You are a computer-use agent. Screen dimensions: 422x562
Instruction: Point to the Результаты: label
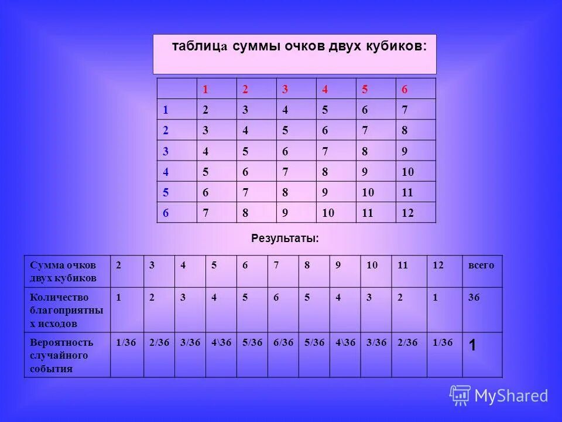pyautogui.click(x=285, y=239)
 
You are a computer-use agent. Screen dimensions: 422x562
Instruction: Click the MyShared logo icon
pyautogui.click(x=460, y=396)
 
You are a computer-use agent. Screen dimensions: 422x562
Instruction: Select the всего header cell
pyautogui.click(x=481, y=266)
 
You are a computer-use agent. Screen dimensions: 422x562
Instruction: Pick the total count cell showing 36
pyautogui.click(x=474, y=298)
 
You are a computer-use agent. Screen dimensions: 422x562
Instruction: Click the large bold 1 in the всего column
pyautogui.click(x=472, y=346)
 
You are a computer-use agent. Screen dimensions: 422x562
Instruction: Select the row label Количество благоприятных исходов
pyautogui.click(x=66, y=310)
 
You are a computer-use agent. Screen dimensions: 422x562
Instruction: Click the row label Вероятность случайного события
pyautogui.click(x=61, y=356)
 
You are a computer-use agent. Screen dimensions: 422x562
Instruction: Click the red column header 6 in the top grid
pyautogui.click(x=404, y=90)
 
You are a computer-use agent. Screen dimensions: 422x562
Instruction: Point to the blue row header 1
pyautogui.click(x=166, y=110)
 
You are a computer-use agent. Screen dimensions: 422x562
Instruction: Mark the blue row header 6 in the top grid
pyautogui.click(x=166, y=213)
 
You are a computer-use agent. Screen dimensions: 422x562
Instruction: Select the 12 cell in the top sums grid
pyautogui.click(x=407, y=213)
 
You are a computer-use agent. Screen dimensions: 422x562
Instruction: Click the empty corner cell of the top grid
pyautogui.click(x=176, y=89)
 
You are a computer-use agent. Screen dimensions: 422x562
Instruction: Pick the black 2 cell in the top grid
pyautogui.click(x=205, y=110)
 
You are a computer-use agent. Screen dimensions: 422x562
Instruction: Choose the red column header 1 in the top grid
pyautogui.click(x=205, y=90)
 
